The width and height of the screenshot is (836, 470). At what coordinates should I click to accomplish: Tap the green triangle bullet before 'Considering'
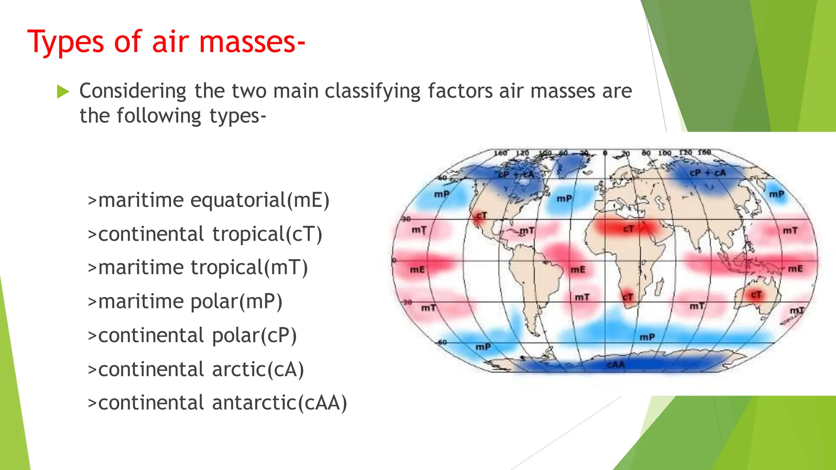click(x=63, y=91)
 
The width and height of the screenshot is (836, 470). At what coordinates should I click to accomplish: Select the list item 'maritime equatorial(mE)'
click(x=209, y=200)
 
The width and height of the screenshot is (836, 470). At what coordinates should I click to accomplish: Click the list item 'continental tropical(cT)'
click(x=205, y=234)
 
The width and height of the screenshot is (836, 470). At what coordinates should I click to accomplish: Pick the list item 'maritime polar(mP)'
click(x=185, y=302)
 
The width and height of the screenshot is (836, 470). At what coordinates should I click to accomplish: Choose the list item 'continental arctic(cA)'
click(x=196, y=369)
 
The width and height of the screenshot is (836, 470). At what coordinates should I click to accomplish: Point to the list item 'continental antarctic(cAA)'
click(x=218, y=403)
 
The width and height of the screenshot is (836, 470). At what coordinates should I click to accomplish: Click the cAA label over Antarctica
click(x=616, y=364)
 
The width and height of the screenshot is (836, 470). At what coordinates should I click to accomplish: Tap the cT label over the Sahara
click(x=628, y=229)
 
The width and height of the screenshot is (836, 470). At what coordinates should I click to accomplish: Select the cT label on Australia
click(x=756, y=294)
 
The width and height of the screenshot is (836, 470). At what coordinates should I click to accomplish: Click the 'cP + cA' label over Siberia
click(x=708, y=173)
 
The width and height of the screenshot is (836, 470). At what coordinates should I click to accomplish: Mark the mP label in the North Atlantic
click(x=565, y=199)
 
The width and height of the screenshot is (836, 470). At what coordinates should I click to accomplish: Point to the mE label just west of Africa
click(x=578, y=270)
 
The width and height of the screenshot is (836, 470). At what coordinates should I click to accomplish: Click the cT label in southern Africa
click(x=628, y=297)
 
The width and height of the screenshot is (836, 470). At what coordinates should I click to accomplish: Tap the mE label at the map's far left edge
click(x=417, y=270)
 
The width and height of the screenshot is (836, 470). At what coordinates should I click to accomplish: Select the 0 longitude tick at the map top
click(x=605, y=153)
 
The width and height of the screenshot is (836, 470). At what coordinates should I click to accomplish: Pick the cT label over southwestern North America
click(x=482, y=215)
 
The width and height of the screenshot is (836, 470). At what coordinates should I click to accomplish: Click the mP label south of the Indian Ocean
click(x=647, y=337)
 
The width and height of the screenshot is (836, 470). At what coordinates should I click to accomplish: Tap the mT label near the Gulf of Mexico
click(x=527, y=231)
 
